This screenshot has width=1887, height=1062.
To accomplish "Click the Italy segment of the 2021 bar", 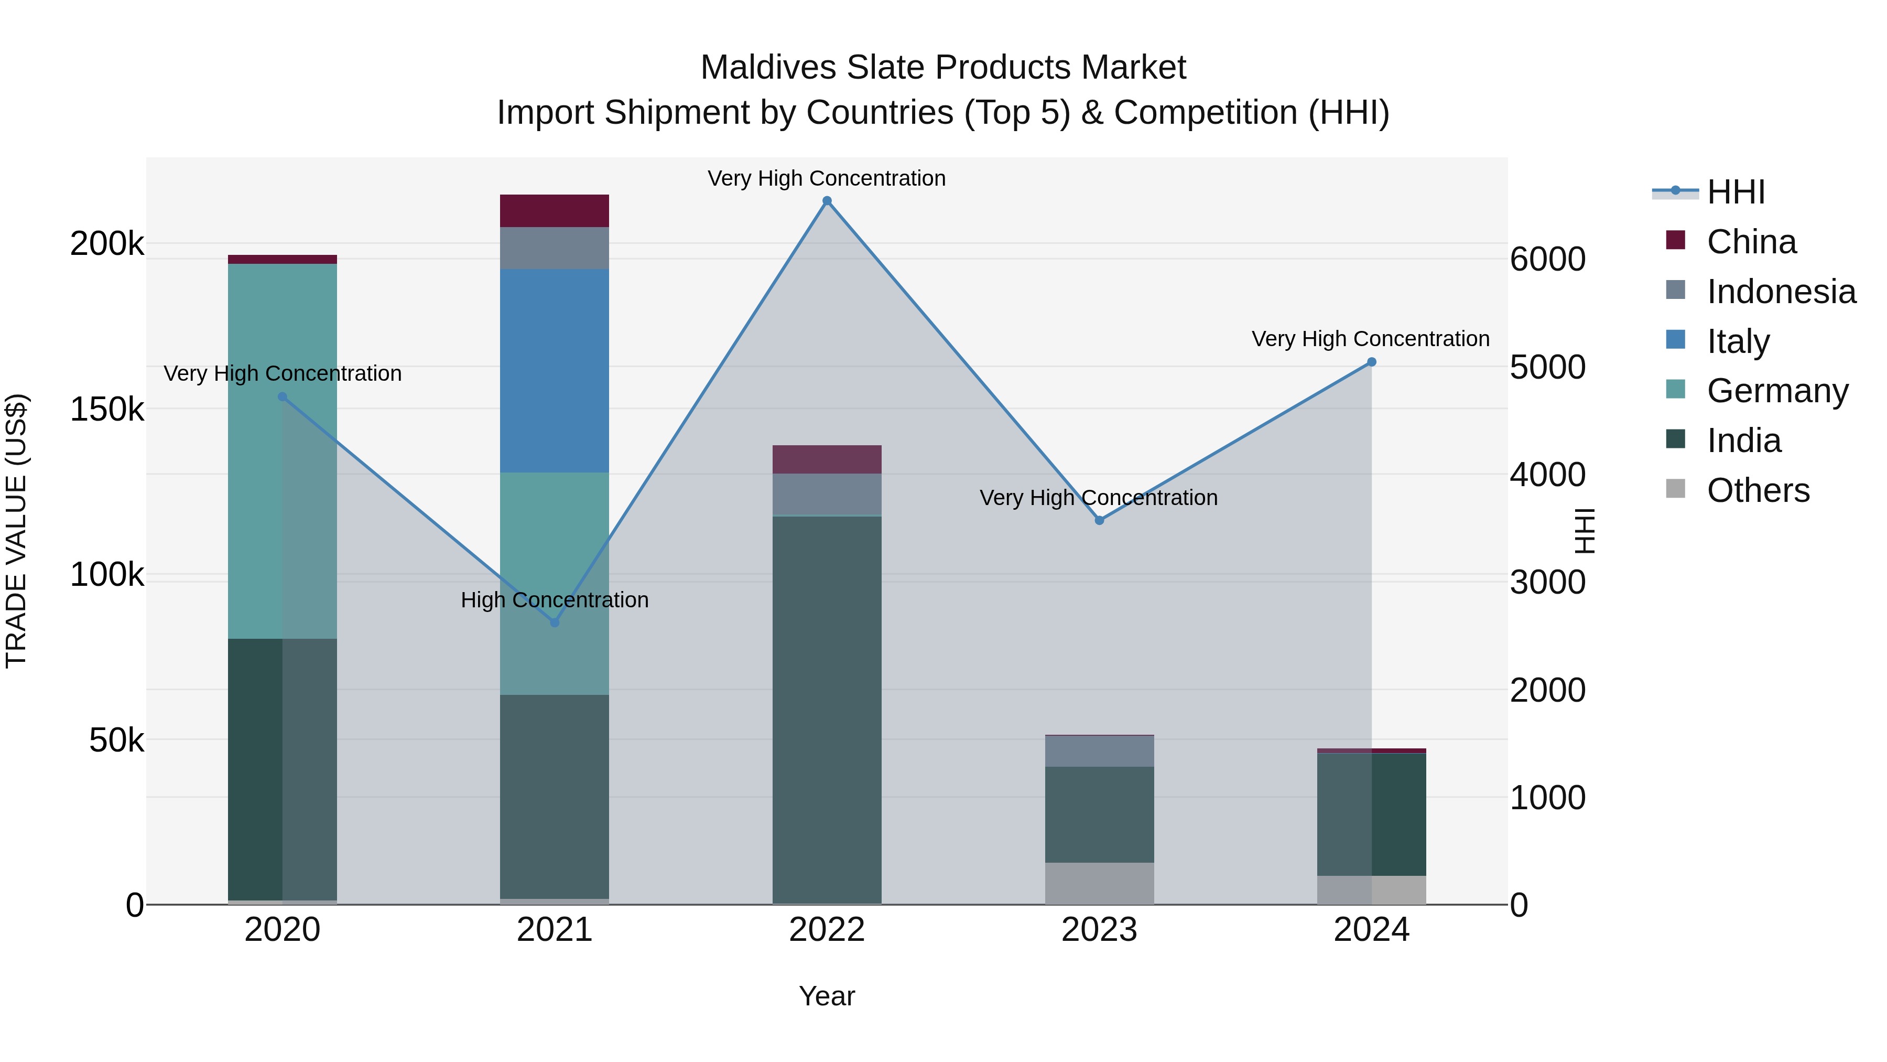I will [x=555, y=370].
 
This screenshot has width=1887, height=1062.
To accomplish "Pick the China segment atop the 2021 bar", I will [x=555, y=211].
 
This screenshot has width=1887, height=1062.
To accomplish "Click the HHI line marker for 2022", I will [x=827, y=201].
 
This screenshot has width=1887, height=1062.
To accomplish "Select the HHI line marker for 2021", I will [x=555, y=622].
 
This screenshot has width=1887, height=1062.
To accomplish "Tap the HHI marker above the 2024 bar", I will [x=1371, y=362].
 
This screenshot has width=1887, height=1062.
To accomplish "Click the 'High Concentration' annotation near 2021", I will [x=555, y=600].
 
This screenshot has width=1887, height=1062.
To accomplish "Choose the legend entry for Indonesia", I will [x=1780, y=292].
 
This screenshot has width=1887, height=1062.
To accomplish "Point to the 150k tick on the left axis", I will [x=107, y=409].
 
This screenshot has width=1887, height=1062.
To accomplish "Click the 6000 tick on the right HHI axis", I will [x=1548, y=260].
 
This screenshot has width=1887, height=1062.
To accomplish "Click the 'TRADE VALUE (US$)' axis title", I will [x=17, y=531].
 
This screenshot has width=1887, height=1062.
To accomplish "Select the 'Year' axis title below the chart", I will [x=827, y=996].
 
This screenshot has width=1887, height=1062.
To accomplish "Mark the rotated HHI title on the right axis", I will [x=1585, y=531].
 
